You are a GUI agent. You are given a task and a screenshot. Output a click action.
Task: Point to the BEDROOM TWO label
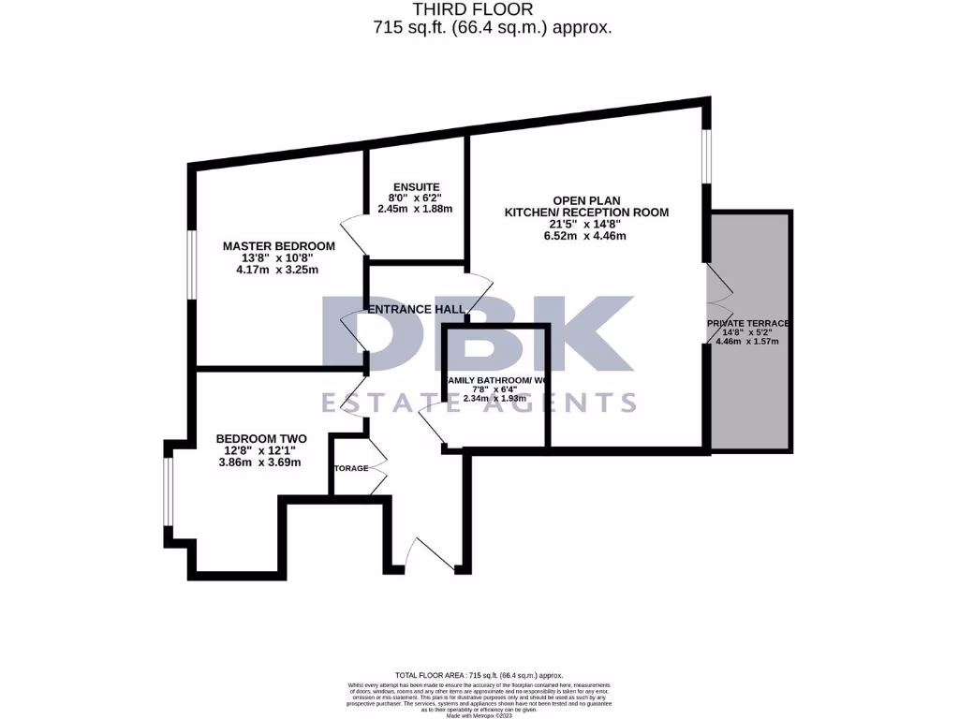pos(261,438)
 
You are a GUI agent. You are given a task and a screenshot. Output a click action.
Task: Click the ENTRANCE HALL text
pos(416,310)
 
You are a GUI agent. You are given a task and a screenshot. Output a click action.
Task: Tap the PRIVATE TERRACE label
pos(747,323)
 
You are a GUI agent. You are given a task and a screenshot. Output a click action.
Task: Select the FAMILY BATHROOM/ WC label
pos(496,381)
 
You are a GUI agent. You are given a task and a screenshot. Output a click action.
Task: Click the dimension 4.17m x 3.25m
pos(277,271)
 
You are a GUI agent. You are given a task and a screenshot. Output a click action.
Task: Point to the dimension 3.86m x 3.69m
pos(261,462)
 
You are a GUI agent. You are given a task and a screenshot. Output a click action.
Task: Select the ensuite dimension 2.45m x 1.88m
pos(415,209)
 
